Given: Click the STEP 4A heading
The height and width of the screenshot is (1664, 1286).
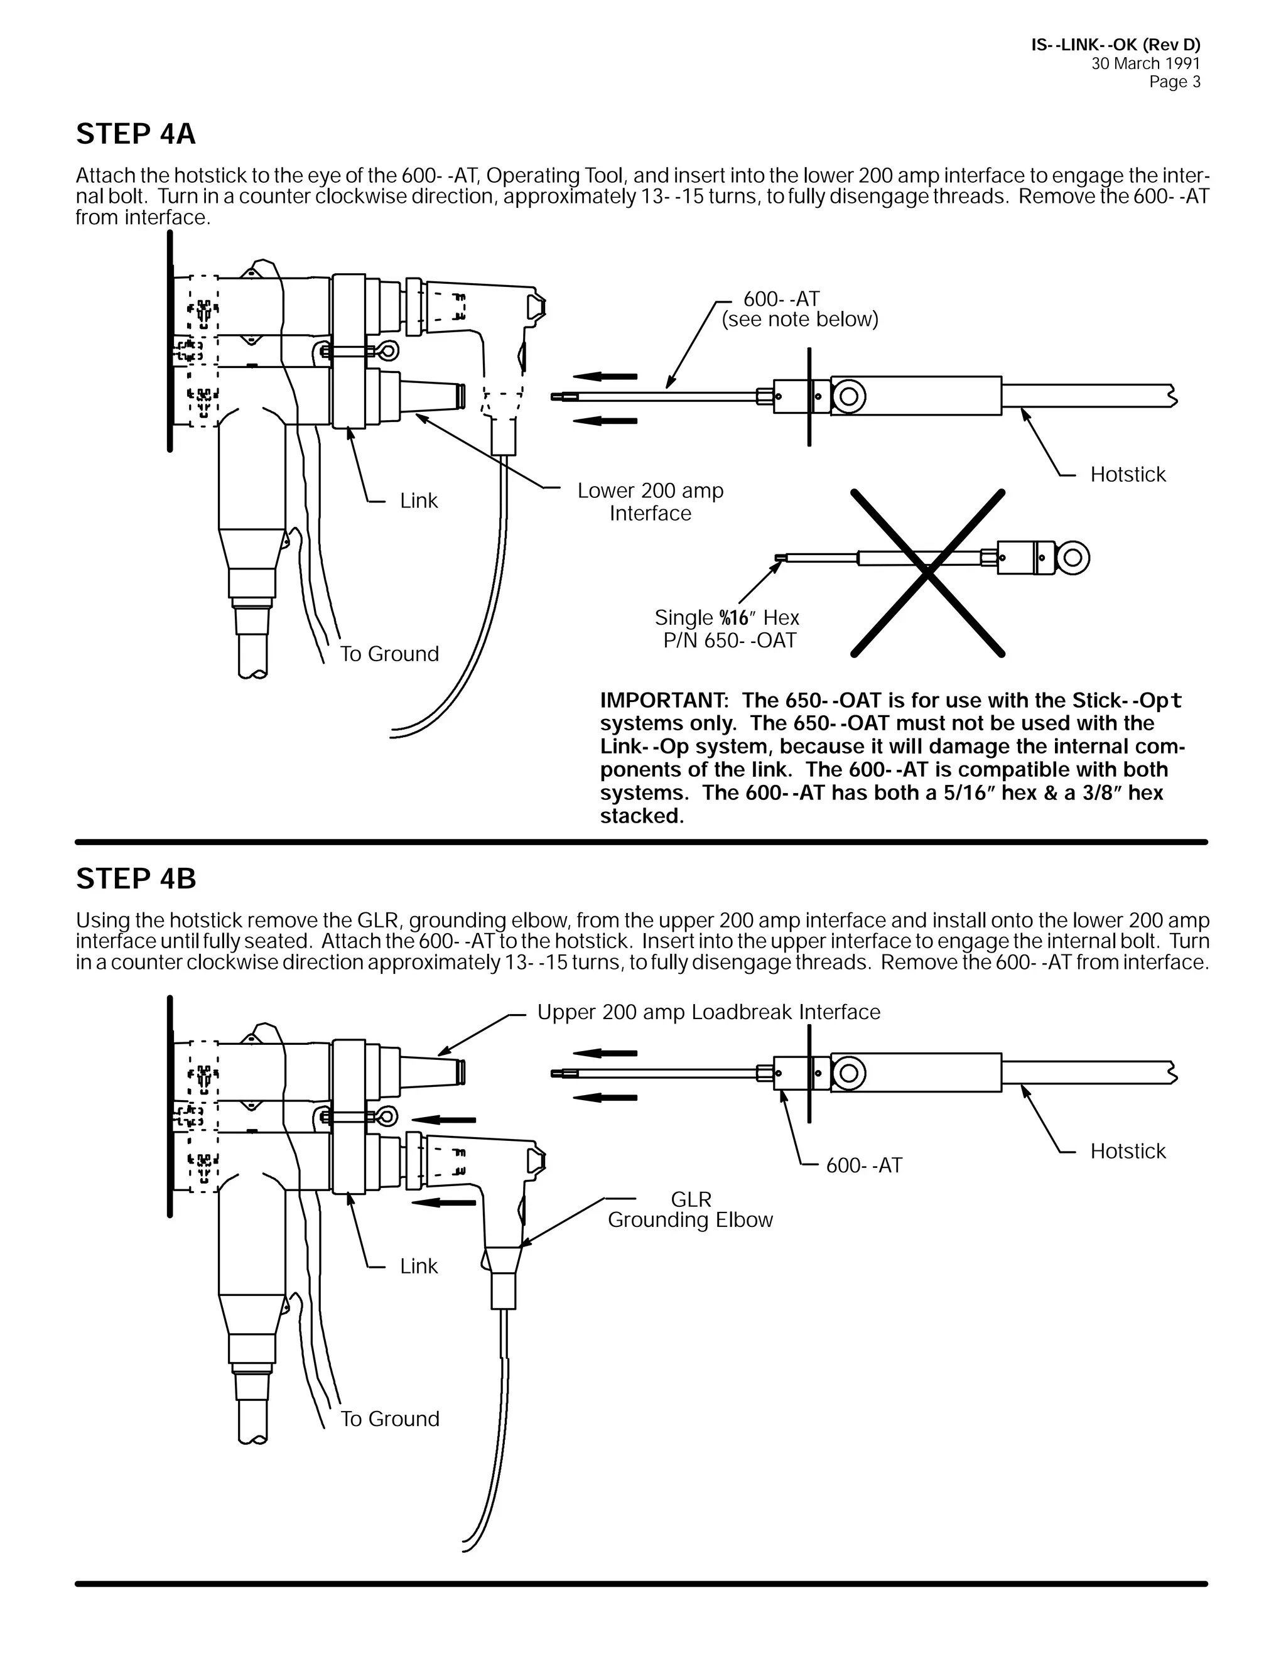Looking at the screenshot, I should click(136, 134).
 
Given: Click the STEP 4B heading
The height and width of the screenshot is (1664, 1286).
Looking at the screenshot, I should click(136, 878).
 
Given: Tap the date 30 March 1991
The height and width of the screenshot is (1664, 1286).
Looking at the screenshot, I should click(1145, 64).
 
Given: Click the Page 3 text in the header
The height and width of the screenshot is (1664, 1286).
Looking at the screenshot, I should click(1174, 82).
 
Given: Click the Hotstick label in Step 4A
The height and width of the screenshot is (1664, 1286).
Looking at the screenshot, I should click(1128, 475).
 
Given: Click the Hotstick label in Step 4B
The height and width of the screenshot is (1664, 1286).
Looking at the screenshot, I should click(1128, 1150).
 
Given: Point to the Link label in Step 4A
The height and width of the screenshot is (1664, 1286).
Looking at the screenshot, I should click(418, 500).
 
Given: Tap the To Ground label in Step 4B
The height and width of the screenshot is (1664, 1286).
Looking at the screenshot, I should click(389, 1418).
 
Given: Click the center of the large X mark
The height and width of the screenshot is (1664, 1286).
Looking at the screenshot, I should click(927, 572).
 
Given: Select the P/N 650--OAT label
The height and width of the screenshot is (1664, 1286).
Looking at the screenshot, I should click(729, 640).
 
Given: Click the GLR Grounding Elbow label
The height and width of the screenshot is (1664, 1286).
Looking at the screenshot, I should click(690, 1210).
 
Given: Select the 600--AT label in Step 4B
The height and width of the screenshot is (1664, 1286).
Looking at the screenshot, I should click(864, 1165).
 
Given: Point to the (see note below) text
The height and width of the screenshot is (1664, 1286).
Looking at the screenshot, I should click(800, 319).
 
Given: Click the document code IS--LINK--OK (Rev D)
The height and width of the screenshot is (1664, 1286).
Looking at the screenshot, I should click(1115, 45).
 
